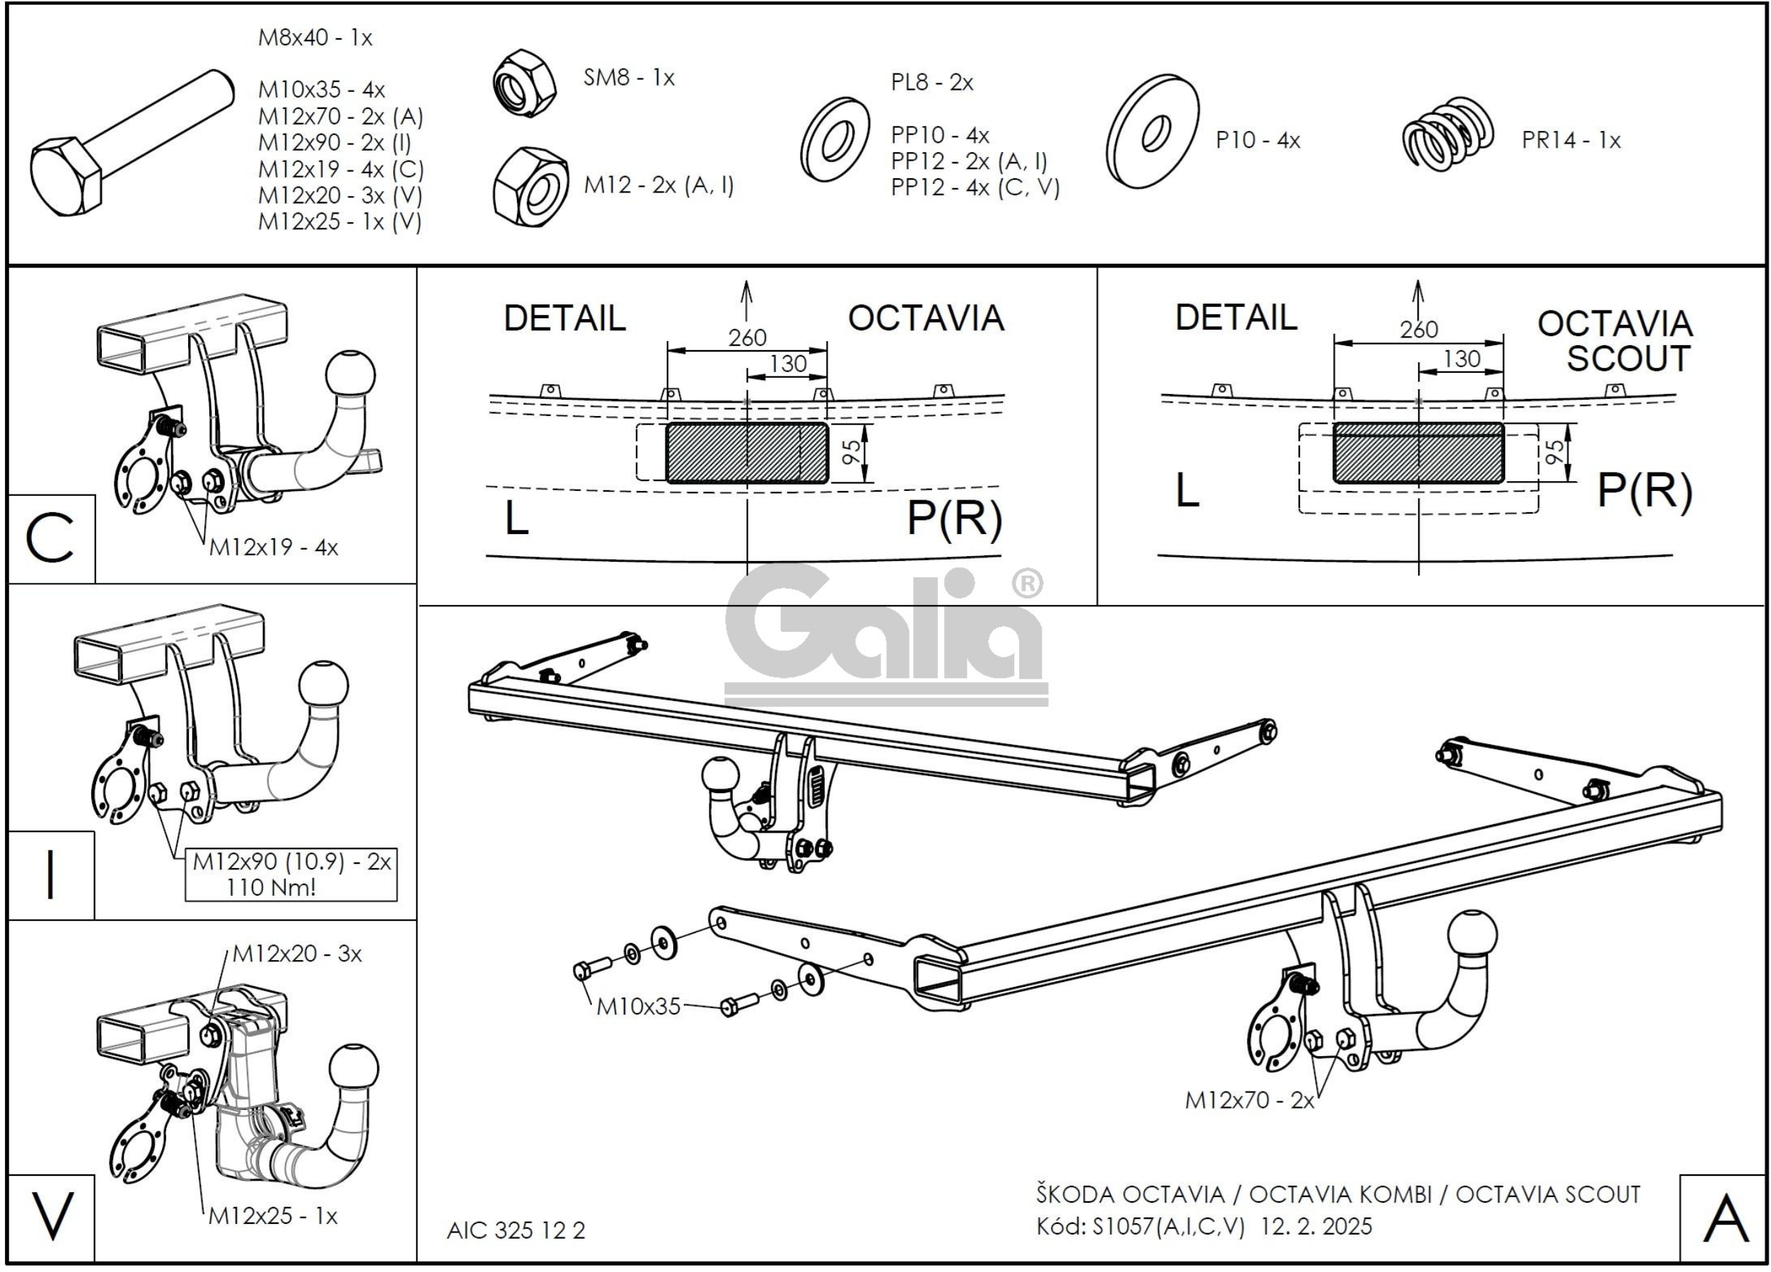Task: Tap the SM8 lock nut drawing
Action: point(525,83)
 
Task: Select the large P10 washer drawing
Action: point(1153,131)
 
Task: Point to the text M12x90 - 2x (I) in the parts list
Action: point(335,142)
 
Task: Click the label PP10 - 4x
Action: point(939,135)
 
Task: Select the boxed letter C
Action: point(50,539)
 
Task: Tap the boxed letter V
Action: point(52,1216)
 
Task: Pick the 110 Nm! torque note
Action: point(271,887)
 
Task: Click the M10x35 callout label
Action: point(638,1007)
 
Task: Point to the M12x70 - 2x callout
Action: point(1249,1100)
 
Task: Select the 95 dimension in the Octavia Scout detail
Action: point(1555,452)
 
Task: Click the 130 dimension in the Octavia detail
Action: point(788,364)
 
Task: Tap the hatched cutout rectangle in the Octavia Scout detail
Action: point(1417,453)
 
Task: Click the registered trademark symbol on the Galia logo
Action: point(1027,584)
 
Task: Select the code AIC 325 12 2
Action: point(516,1231)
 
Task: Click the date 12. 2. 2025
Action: point(1316,1226)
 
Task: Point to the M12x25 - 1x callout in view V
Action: point(272,1216)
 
